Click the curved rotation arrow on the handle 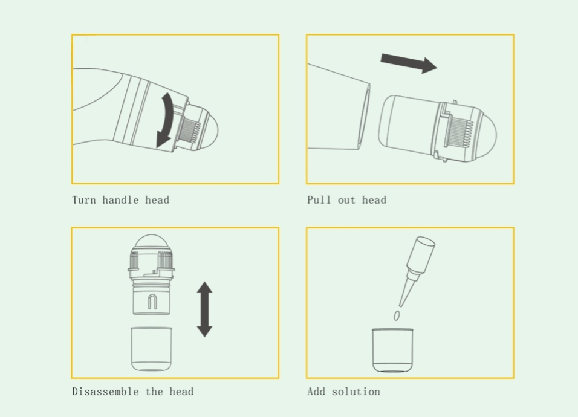click(167, 120)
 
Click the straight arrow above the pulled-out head click(409, 63)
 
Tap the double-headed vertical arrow click(204, 309)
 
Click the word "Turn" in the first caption click(84, 200)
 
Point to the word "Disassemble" click(105, 391)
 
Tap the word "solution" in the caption click(356, 391)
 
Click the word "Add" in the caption click(316, 391)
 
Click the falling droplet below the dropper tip click(397, 315)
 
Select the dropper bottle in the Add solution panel click(417, 271)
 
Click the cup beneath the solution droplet click(392, 350)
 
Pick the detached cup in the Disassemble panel click(152, 349)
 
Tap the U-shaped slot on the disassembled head click(152, 302)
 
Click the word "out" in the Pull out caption click(346, 200)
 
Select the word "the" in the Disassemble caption click(154, 391)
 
